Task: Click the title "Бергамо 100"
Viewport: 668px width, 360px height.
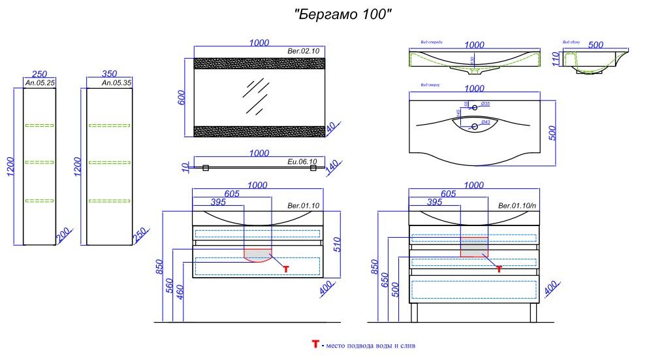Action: coord(343,14)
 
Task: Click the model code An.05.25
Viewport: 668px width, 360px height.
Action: coord(40,84)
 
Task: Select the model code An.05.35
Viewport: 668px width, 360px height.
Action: coord(117,84)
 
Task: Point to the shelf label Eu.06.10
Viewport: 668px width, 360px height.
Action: coord(302,161)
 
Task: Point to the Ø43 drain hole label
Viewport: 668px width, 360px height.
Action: coord(485,122)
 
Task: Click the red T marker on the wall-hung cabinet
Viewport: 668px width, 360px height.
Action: coord(285,269)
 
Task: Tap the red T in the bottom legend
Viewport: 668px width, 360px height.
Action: coord(315,344)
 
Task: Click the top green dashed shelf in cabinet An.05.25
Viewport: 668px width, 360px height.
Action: coord(39,125)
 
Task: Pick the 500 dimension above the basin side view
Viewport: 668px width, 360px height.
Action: coord(595,44)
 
